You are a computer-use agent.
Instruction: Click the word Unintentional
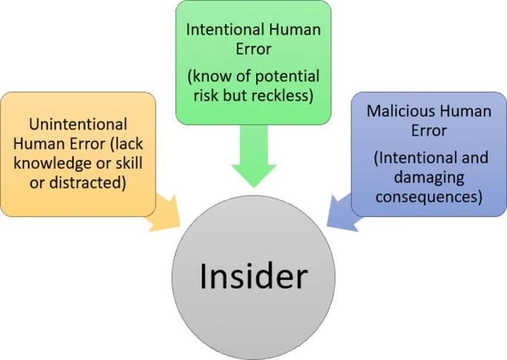coord(78,124)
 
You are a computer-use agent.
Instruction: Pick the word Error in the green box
coord(252,49)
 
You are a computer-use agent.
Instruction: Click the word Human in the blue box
coord(463,112)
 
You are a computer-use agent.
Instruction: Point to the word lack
coord(130,144)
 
